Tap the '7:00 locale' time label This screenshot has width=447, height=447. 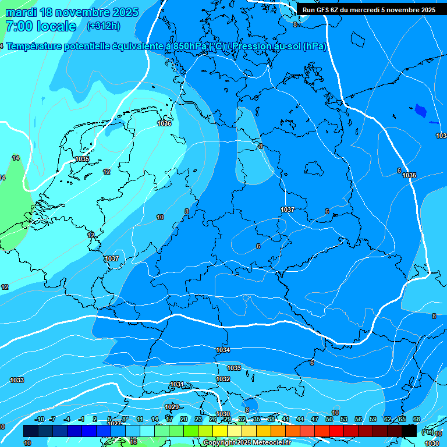(40, 26)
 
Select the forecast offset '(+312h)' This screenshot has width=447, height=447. (103, 26)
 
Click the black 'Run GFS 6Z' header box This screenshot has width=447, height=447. (369, 9)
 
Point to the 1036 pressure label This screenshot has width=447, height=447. (164, 123)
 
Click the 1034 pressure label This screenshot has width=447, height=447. (223, 350)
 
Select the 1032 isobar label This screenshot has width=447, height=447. (223, 379)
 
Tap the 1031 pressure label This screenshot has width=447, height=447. (177, 384)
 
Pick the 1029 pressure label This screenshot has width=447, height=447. (172, 407)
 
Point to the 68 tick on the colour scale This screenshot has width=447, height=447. (416, 419)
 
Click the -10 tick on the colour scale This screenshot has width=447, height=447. (40, 419)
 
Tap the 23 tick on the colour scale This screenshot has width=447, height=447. (198, 419)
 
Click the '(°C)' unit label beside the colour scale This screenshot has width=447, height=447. (427, 431)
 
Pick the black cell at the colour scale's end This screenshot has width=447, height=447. (409, 431)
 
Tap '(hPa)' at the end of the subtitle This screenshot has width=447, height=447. (314, 47)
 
